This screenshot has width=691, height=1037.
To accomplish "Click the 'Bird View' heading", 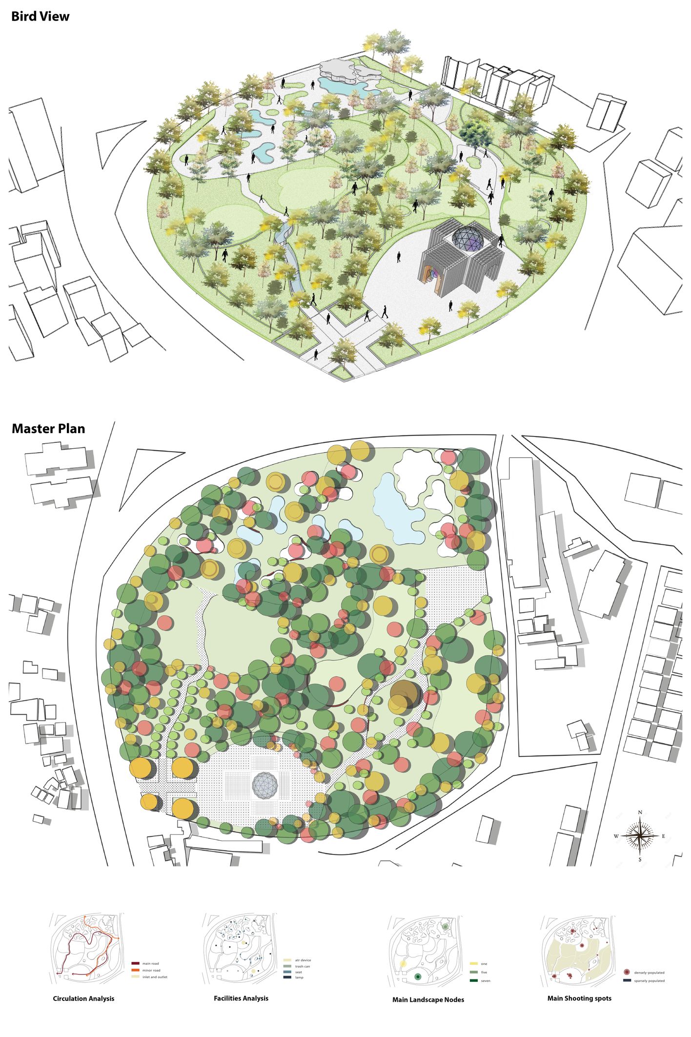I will pos(40,17).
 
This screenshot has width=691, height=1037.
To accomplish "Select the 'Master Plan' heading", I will pos(48,429).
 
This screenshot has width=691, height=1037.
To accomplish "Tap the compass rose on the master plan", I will pos(640,836).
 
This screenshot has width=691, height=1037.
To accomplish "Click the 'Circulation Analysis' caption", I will pos(83,998).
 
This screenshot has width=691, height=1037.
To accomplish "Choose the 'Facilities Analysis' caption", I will pos(241,998).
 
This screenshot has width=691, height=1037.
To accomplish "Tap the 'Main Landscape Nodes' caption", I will pos(428,999).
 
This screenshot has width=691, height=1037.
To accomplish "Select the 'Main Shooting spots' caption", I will pos(579,998).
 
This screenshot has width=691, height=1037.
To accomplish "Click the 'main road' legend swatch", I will pos(136,964).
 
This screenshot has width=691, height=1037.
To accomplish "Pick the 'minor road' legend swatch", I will pos(136,970).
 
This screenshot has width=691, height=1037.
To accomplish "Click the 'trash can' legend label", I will pos(303,966).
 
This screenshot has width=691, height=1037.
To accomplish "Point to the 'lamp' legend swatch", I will pos(287,977).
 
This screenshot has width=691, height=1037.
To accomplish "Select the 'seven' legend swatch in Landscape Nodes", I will pos(473,980).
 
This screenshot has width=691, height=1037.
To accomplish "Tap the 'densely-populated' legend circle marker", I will pos(627,972).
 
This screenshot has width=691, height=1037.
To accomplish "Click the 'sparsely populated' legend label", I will pos(649,980).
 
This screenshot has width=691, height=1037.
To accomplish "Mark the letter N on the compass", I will pos(640,812).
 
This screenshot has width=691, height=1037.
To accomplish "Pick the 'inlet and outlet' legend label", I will pos(155,977).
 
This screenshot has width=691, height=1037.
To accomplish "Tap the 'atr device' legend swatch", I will pos(287,960).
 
